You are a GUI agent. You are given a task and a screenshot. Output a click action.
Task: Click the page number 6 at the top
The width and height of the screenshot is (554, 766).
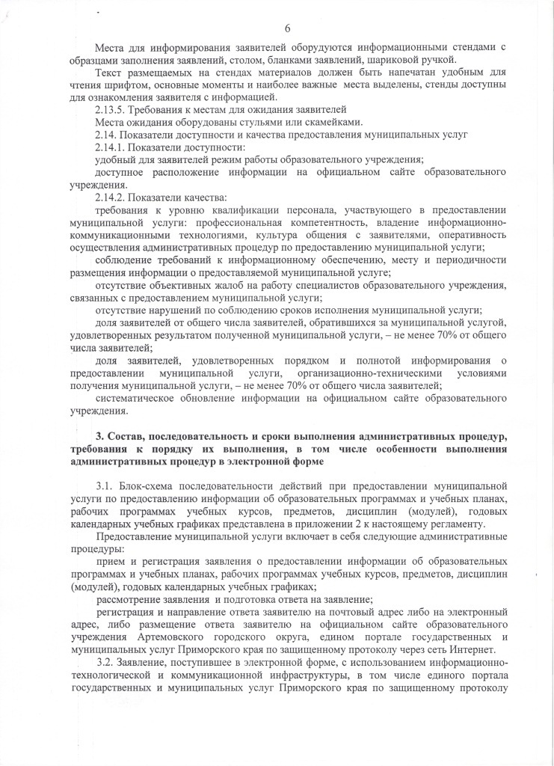click(287, 28)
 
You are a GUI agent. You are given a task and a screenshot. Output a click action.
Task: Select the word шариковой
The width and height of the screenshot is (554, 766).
click(397, 60)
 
